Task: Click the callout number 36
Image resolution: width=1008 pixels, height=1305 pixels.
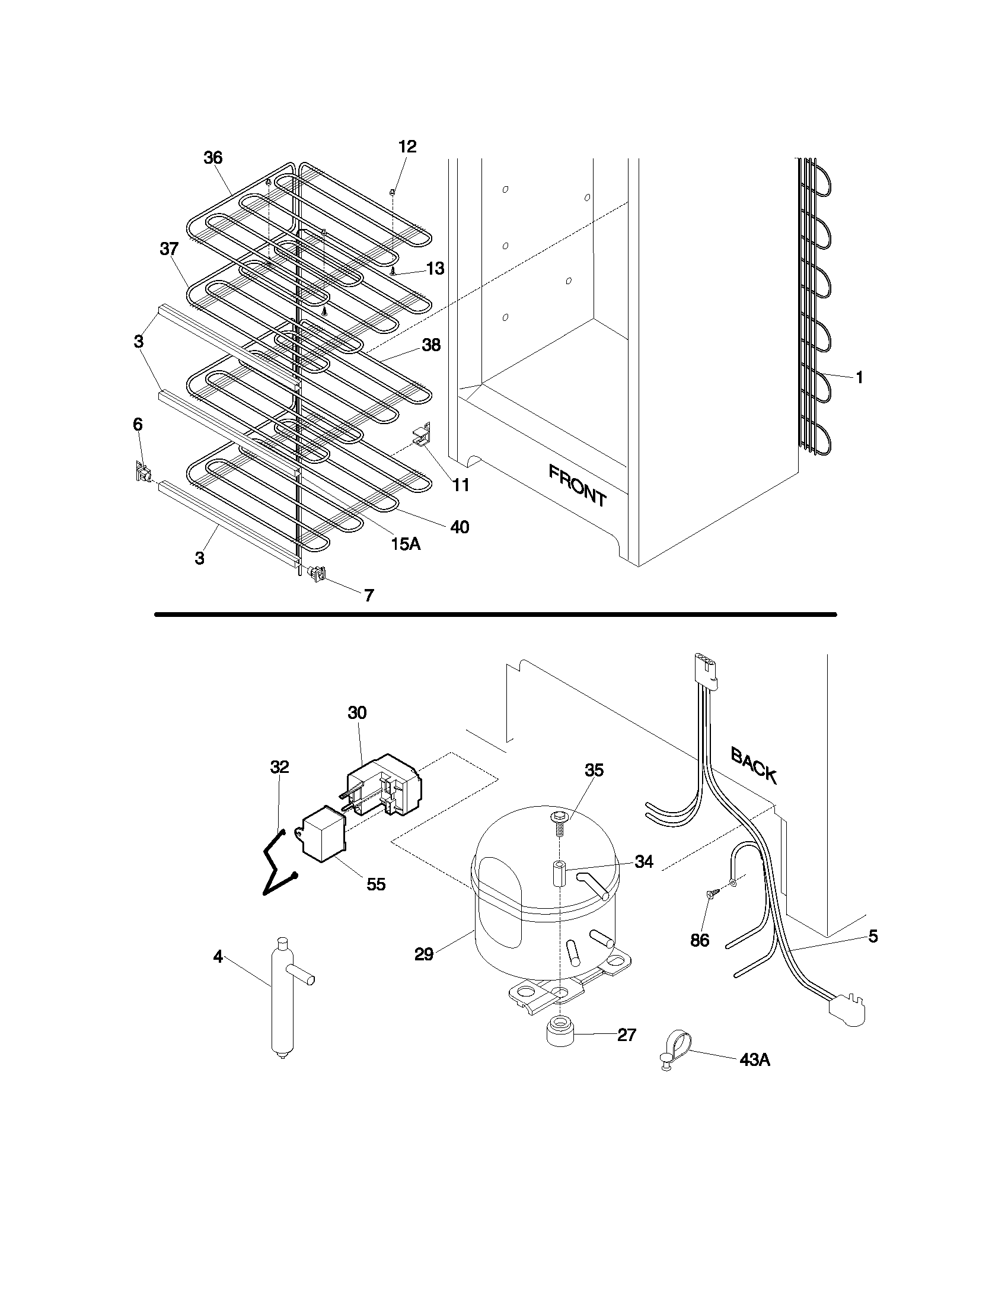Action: [213, 158]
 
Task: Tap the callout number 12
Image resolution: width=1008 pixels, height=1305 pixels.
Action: [407, 147]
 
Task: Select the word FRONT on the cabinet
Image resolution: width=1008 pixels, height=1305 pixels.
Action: [577, 486]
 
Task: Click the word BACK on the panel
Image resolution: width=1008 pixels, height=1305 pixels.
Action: [754, 766]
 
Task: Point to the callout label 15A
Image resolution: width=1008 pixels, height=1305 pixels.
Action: [406, 543]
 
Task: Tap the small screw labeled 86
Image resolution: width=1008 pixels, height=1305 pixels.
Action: [710, 911]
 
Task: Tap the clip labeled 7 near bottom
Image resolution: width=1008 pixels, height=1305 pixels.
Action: [317, 574]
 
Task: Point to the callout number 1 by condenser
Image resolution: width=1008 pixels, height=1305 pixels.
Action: [859, 378]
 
